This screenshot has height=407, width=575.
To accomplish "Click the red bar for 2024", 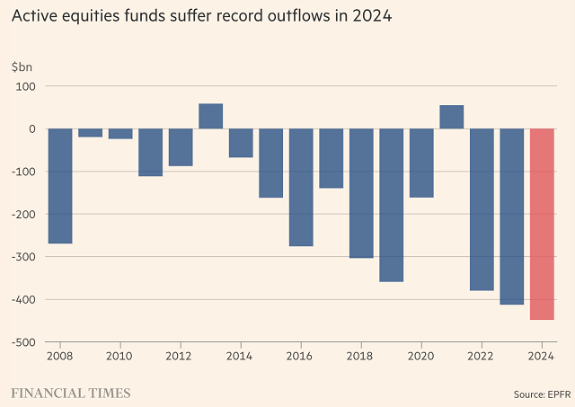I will (542, 224).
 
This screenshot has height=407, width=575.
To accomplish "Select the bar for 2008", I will (60, 186).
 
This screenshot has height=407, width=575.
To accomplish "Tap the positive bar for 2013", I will (210, 116).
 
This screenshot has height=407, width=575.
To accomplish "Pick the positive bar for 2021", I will (451, 117).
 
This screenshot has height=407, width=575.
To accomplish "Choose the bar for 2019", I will (391, 205).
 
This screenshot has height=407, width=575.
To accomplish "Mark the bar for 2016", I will (301, 187).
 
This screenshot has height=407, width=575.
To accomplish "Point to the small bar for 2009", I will (90, 133).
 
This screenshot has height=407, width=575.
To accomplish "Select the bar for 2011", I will (150, 152).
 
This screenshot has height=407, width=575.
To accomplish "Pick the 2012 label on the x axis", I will (180, 357).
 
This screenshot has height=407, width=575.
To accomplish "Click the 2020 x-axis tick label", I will (421, 357).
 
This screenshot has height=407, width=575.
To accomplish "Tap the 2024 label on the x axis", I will (542, 357).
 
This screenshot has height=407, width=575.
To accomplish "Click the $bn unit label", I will (21, 67).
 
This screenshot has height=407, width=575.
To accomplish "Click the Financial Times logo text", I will (71, 394).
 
